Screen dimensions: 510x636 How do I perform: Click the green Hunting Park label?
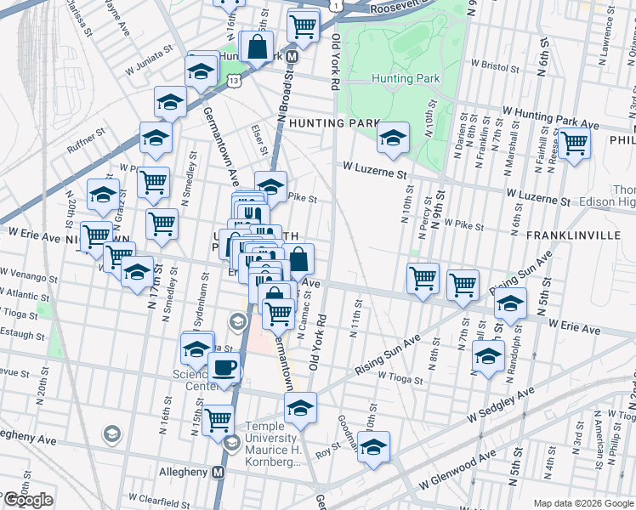406,78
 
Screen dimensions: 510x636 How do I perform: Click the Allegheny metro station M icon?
218,471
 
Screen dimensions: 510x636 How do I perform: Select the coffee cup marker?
224,369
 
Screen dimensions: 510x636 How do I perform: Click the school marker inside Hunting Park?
392,138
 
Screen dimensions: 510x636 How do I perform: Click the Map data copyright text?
582,502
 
